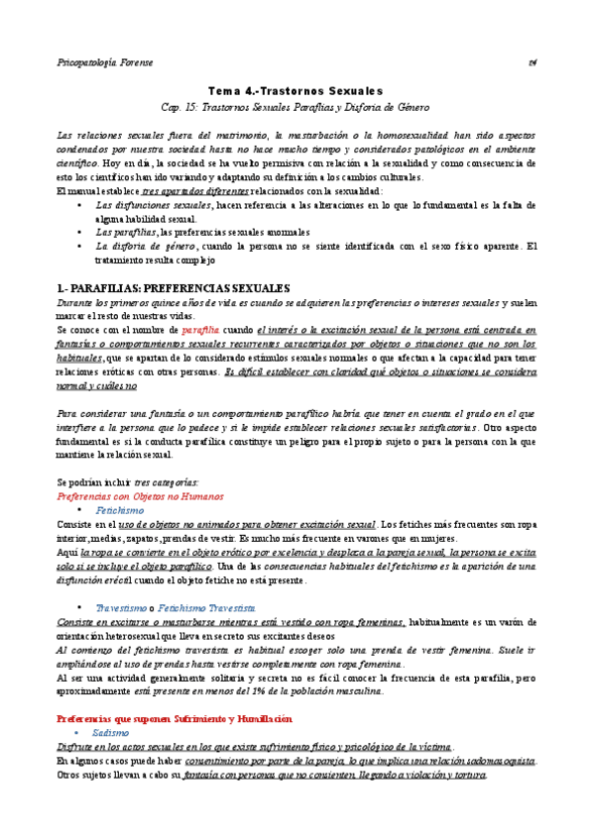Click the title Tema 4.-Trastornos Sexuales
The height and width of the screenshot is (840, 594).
pyautogui.click(x=297, y=89)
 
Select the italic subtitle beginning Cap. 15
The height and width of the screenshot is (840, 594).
pyautogui.click(x=297, y=106)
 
